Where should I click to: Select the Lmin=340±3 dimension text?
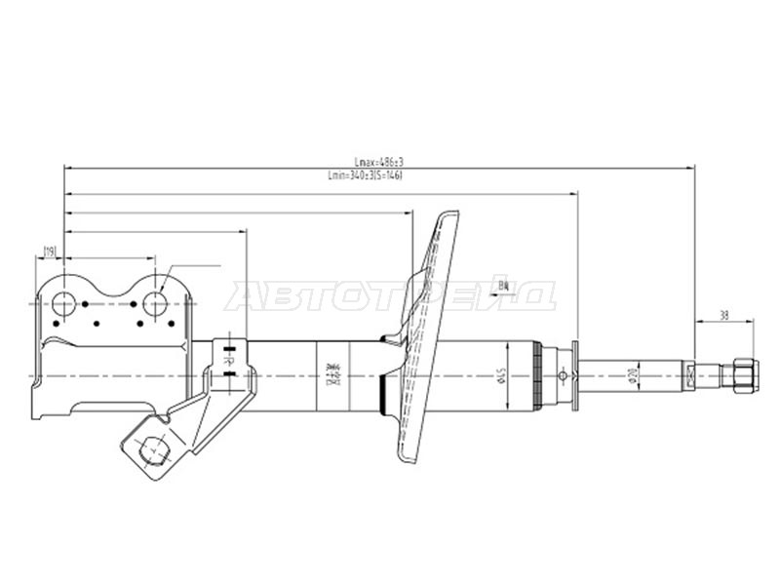pyautogui.click(x=366, y=175)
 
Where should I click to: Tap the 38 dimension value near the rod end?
pyautogui.click(x=723, y=315)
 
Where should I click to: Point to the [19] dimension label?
pyautogui.click(x=49, y=253)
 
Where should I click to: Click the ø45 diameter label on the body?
pyautogui.click(x=499, y=376)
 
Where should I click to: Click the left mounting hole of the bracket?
pyautogui.click(x=64, y=303)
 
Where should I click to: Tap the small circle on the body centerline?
pyautogui.click(x=562, y=376)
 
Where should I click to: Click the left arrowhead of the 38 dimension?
pyautogui.click(x=698, y=323)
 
